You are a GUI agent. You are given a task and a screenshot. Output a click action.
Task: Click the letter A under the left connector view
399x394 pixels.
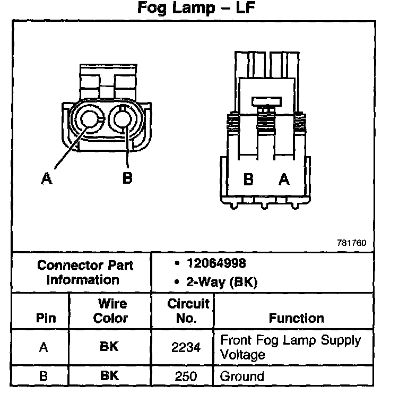coord(47,179)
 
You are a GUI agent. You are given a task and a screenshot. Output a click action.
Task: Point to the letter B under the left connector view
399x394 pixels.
coord(127,177)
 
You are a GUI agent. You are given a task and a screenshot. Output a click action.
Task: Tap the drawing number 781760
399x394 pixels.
coord(351,243)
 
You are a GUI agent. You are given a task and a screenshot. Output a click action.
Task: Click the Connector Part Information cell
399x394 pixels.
coord(85,272)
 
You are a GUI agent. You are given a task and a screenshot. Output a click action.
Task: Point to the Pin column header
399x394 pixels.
coord(46,318)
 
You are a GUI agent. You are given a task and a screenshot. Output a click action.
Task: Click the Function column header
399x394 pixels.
coord(296,318)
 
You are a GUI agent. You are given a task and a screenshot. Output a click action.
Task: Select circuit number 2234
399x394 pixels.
coord(186,347)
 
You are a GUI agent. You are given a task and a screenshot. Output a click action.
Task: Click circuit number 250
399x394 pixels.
coord(186,376)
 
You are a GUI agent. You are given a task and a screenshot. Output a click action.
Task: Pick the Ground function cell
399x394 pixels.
coord(242,376)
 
